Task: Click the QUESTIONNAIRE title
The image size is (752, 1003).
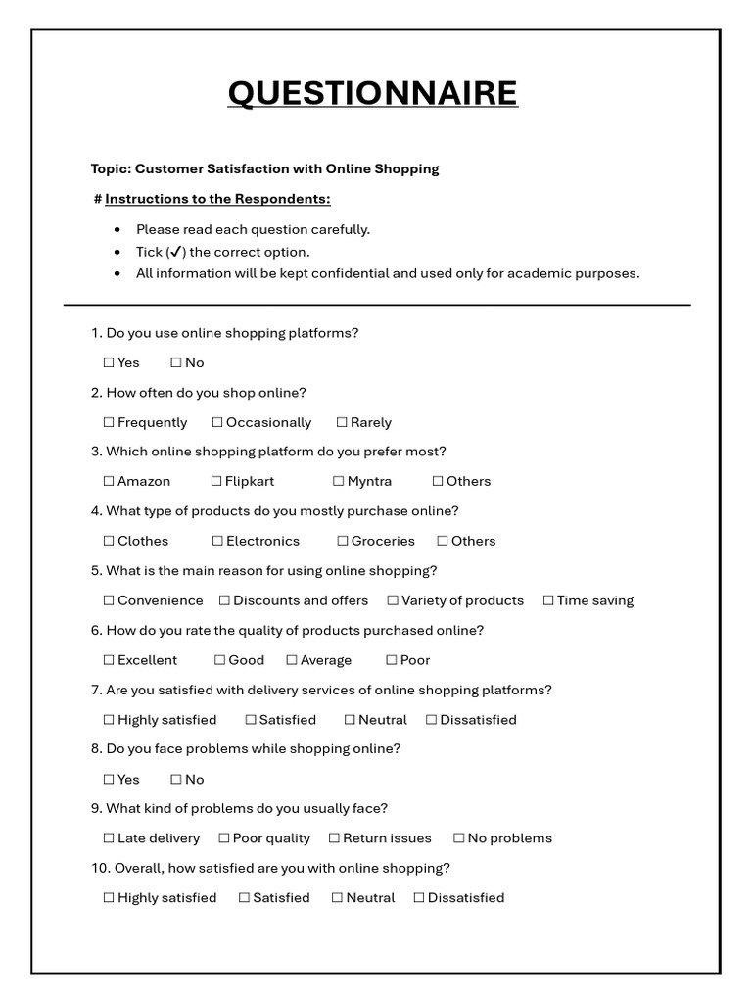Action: pyautogui.click(x=372, y=93)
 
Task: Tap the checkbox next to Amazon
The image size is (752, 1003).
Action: pyautogui.click(x=109, y=481)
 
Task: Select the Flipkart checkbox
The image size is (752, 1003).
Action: pyautogui.click(x=216, y=481)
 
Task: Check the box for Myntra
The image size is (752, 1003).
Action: pyautogui.click(x=338, y=481)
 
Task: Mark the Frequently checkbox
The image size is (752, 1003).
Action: pyautogui.click(x=109, y=422)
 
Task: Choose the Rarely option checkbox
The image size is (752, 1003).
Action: pyautogui.click(x=342, y=422)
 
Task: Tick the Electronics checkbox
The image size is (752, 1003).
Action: pyautogui.click(x=217, y=541)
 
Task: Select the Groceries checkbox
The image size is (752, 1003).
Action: pyautogui.click(x=343, y=541)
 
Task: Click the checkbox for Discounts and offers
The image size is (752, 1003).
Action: pyautogui.click(x=224, y=600)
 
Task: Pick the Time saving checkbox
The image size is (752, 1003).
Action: pyautogui.click(x=548, y=600)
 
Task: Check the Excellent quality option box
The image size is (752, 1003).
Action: pyautogui.click(x=109, y=660)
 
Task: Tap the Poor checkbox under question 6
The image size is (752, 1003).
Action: pyautogui.click(x=391, y=660)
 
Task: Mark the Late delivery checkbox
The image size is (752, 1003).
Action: pyautogui.click(x=109, y=838)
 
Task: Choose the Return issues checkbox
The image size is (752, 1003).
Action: pyautogui.click(x=334, y=838)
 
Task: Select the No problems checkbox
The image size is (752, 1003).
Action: pyautogui.click(x=458, y=838)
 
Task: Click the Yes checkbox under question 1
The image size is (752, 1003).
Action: pyautogui.click(x=109, y=362)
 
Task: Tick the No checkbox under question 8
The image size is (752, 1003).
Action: pyautogui.click(x=176, y=780)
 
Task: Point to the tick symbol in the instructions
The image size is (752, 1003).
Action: pyautogui.click(x=176, y=252)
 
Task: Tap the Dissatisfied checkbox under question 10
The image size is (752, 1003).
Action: pyautogui.click(x=419, y=898)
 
